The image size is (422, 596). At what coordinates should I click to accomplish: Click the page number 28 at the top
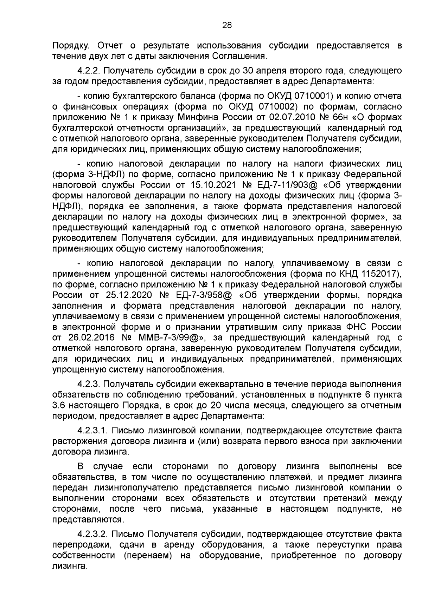click(x=227, y=25)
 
